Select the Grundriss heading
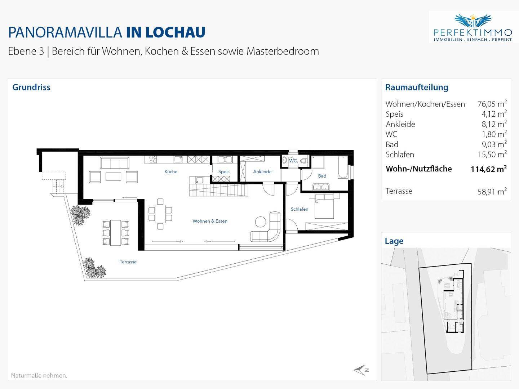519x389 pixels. click(31, 87)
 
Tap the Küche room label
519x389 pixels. click(171, 172)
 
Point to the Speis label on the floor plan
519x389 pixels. click(224, 172)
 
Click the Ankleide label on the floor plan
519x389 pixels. click(262, 172)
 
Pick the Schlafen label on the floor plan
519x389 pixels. click(300, 209)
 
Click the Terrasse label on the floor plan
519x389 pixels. click(128, 262)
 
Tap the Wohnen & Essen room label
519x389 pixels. click(210, 221)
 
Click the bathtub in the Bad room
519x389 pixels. click(343, 167)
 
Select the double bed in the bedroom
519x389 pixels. click(324, 206)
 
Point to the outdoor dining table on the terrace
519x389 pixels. click(116, 233)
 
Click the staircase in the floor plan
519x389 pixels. click(219, 190)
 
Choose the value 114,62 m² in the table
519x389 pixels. click(489, 169)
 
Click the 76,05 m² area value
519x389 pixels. click(492, 104)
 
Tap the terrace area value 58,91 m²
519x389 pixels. click(492, 191)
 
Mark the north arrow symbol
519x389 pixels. click(360, 370)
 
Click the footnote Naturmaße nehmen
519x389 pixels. click(39, 375)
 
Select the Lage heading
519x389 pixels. click(394, 241)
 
